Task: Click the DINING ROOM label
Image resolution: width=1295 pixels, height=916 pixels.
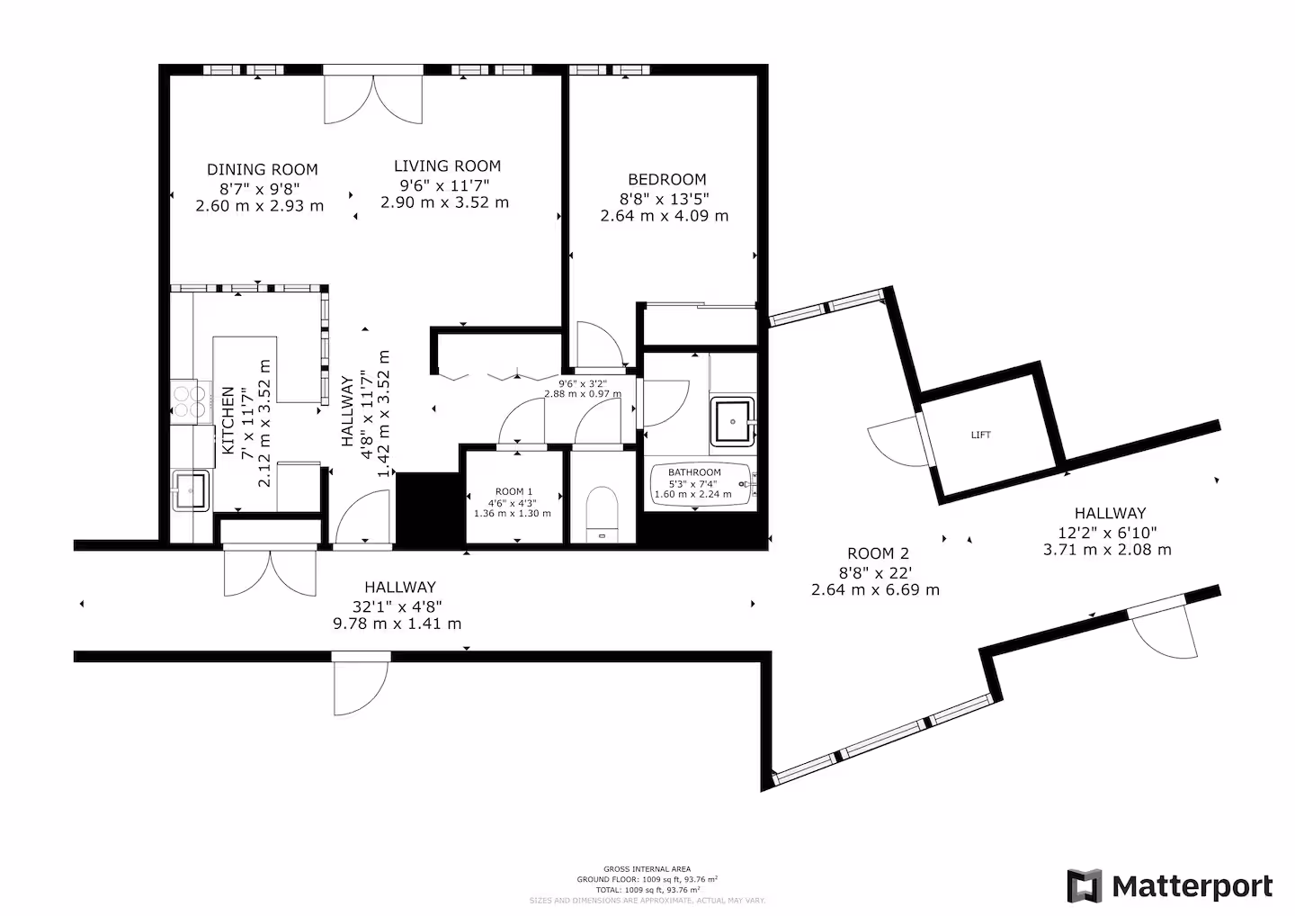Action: coord(262,169)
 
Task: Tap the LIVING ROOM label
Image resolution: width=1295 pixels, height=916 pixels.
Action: coord(447,166)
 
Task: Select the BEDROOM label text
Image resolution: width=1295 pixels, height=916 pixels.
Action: coord(666,179)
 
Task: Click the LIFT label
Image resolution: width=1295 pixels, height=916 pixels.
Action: coord(981,436)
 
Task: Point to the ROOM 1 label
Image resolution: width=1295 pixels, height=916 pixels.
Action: coord(511,492)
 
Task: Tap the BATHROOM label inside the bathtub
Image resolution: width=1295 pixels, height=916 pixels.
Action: coord(694,472)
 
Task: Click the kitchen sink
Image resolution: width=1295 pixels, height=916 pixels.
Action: coord(190,491)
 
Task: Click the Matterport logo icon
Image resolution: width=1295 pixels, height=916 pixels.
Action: coord(1085,886)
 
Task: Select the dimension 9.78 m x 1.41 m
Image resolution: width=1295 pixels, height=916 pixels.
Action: coord(397,624)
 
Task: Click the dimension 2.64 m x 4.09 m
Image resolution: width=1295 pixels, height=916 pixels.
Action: coord(665,216)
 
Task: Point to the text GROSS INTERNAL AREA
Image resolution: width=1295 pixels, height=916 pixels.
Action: coord(647,869)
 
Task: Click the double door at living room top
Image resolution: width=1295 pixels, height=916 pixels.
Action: coord(372,99)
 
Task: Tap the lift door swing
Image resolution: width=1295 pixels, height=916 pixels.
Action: coord(895,441)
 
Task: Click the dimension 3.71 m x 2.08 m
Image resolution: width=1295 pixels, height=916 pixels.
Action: coord(1107,549)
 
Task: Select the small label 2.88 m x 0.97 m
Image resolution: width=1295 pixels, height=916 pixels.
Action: coord(582,394)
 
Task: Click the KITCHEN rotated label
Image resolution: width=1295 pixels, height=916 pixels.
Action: coord(228,420)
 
